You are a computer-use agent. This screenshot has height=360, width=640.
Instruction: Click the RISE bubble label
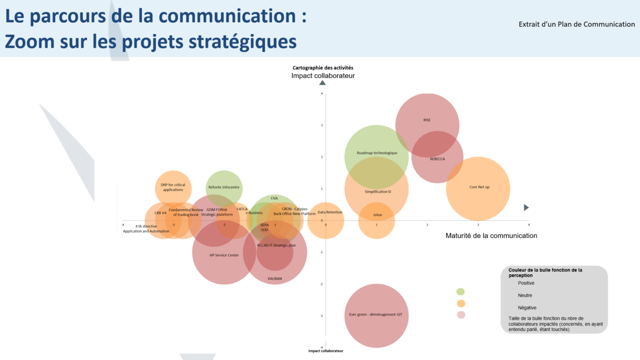(427, 120)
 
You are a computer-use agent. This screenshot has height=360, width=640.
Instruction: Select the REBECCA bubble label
(437, 159)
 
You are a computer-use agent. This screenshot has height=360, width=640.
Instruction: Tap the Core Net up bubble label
(479, 187)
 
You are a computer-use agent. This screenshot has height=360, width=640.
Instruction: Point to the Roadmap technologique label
(377, 153)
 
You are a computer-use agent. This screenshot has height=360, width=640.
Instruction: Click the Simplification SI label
(378, 192)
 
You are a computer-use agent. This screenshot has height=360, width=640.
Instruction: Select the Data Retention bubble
(326, 221)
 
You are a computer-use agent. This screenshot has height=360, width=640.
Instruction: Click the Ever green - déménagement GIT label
(376, 314)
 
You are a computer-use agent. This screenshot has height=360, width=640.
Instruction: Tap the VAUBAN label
(274, 279)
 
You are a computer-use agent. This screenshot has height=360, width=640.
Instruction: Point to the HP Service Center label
(224, 255)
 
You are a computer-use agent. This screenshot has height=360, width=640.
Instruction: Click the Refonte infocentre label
(224, 188)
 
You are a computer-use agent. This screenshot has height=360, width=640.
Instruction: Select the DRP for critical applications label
(173, 187)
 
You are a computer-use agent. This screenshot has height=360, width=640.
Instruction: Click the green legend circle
(461, 292)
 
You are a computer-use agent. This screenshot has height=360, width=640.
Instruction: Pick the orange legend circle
(461, 304)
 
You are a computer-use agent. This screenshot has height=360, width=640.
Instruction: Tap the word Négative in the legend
(527, 308)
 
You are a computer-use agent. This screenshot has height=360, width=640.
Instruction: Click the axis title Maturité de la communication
(491, 236)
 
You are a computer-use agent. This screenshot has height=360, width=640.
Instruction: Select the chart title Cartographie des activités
(322, 68)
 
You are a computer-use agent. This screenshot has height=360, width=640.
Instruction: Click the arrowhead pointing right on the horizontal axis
(527, 207)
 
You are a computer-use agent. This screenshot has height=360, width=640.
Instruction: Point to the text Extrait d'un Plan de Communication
(576, 24)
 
